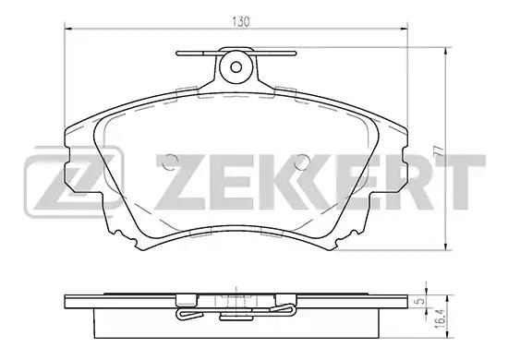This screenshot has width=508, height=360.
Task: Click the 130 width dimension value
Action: (241, 22)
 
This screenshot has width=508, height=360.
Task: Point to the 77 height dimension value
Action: (438, 150)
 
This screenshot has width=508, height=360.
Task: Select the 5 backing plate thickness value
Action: (420, 301)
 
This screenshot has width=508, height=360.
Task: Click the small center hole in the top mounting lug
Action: (236, 67)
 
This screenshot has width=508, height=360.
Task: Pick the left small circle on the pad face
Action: (170, 162)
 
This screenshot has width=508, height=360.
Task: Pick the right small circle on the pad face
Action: (302, 162)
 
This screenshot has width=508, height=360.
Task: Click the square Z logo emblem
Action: (74, 182)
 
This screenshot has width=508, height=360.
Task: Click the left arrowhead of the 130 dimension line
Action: (68, 29)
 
